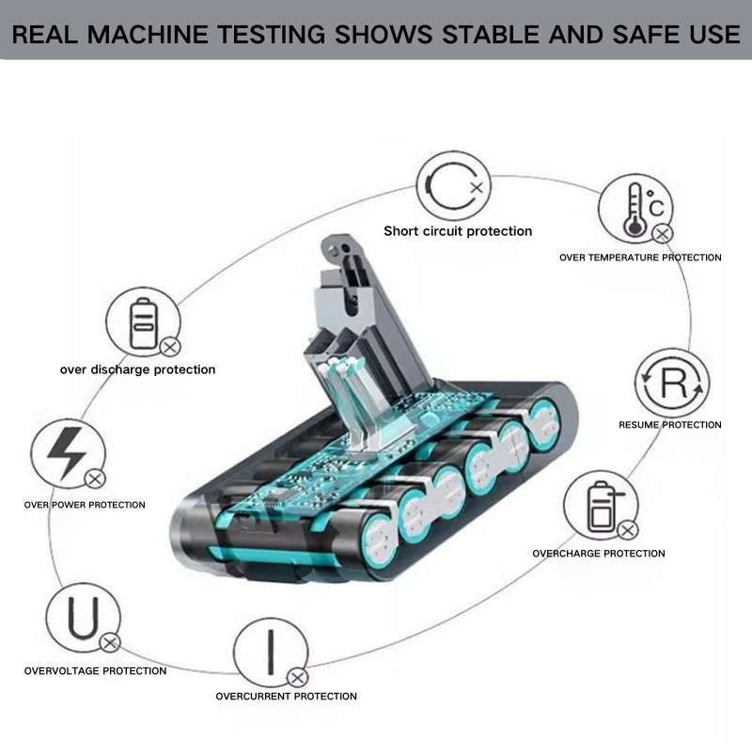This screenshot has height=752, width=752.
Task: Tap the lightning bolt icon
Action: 67,454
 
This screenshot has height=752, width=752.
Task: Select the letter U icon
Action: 84,619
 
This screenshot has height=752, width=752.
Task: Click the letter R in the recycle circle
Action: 674,383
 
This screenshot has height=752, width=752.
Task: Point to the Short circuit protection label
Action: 458,231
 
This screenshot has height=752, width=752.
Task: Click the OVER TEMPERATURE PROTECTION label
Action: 640,258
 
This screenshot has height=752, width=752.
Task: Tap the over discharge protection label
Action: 137,369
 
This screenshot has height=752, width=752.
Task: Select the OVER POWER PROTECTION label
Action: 85,505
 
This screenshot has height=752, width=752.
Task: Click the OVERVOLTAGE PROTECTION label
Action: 96,671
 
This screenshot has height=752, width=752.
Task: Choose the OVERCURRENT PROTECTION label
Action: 287,697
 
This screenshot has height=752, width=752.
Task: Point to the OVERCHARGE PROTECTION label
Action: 599,554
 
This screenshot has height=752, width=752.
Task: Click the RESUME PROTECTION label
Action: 670,425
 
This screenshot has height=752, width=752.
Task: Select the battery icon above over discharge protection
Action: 143,323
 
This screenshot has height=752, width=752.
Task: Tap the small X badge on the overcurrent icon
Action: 297,678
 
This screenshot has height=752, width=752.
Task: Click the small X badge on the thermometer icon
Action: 663,234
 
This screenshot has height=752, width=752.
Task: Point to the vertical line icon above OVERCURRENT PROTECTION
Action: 272,651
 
